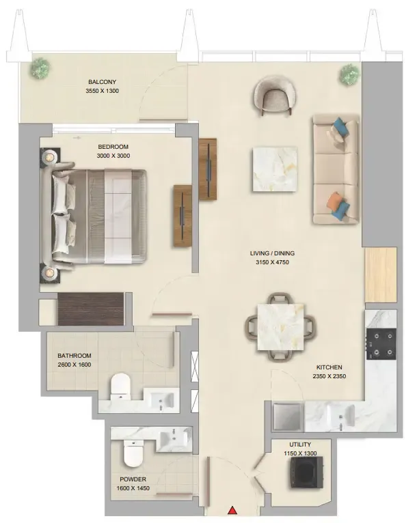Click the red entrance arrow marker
click(x=232, y=510)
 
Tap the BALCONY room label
click(x=102, y=82)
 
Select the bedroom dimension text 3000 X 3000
click(x=113, y=156)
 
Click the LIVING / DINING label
click(x=273, y=253)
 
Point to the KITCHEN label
click(x=329, y=367)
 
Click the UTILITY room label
click(x=300, y=444)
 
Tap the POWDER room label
click(x=133, y=479)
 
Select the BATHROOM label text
click(x=74, y=356)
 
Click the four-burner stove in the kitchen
click(x=381, y=344)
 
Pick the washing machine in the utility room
click(x=307, y=472)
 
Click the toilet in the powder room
click(x=133, y=453)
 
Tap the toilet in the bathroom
click(x=120, y=386)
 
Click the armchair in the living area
click(x=275, y=95)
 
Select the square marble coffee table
click(x=275, y=169)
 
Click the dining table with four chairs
click(x=280, y=327)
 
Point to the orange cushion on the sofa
click(x=335, y=201)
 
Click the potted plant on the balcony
click(x=40, y=68)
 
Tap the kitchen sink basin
click(x=341, y=416)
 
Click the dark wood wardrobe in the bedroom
click(x=91, y=309)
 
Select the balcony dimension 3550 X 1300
click(x=102, y=91)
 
